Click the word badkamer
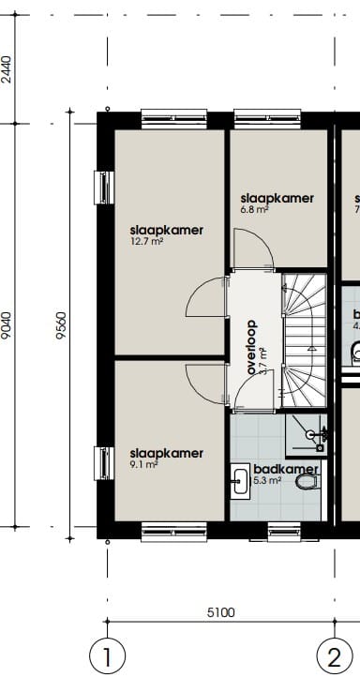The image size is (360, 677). click(287, 470)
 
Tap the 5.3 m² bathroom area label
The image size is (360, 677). click(267, 482)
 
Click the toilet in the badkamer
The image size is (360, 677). click(306, 482)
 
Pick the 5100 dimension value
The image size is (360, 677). click(220, 613)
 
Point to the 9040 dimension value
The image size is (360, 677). click(7, 323)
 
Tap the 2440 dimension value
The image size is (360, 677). click(7, 70)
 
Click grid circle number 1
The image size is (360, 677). click(107, 654)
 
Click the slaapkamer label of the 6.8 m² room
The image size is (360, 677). click(277, 198)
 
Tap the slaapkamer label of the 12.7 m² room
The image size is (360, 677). click(166, 230)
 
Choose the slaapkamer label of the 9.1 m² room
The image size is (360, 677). click(166, 453)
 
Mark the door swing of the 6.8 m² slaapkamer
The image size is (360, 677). click(255, 248)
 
